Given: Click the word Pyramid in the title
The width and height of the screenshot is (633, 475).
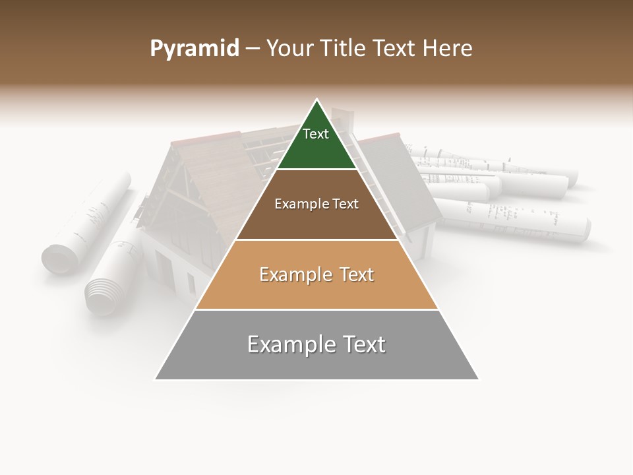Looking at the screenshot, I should [195, 49].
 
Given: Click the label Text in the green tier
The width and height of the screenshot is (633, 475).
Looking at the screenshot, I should [316, 134].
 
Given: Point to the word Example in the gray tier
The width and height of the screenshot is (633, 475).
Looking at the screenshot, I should [286, 344].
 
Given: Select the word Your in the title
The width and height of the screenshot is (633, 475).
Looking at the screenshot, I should [289, 49].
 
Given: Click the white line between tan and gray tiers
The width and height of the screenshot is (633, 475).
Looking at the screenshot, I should [316, 309].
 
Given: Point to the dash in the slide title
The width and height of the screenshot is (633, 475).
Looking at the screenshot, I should [252, 49].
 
